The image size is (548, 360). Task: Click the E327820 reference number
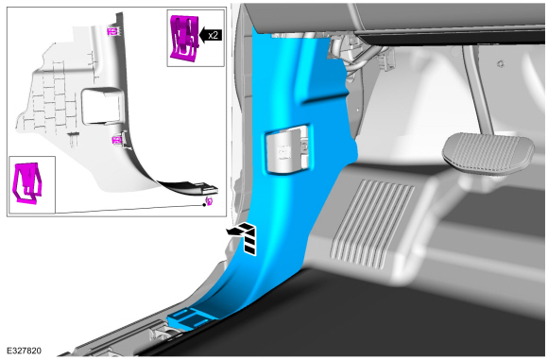click(x=25, y=351)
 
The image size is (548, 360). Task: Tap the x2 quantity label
click(x=213, y=35)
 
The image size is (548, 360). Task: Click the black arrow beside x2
click(x=211, y=35)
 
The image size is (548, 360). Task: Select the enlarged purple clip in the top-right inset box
click(x=184, y=39)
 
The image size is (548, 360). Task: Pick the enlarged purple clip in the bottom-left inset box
click(x=26, y=182)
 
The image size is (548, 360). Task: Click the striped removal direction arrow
click(x=245, y=237)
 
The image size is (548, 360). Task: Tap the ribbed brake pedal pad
click(x=488, y=152)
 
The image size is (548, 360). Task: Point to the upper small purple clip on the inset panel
click(x=112, y=31)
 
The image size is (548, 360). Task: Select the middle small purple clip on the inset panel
click(x=116, y=140)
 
